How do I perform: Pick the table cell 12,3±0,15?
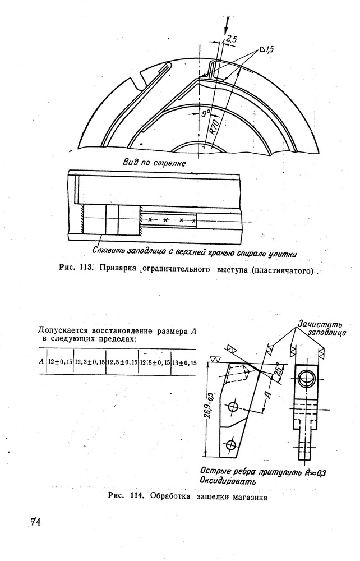90,362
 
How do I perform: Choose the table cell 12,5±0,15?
122,362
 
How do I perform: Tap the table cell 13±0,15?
184,362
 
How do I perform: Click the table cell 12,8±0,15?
154,362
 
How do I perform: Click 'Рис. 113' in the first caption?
75,268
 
